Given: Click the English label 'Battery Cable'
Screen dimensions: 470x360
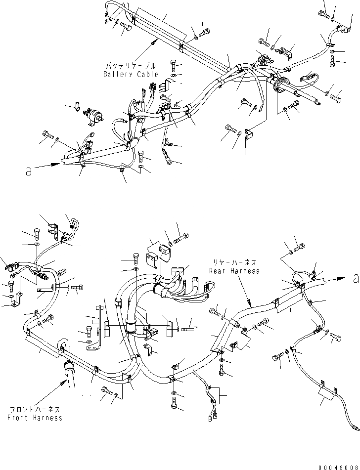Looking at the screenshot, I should coord(131,74).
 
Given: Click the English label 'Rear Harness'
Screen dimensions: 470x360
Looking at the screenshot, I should coord(234,271).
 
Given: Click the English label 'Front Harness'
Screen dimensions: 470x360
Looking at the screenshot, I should coord(35,418).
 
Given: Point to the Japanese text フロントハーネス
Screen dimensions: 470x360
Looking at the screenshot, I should coord(35,409).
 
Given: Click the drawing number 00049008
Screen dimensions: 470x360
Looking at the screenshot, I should coord(338,466).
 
